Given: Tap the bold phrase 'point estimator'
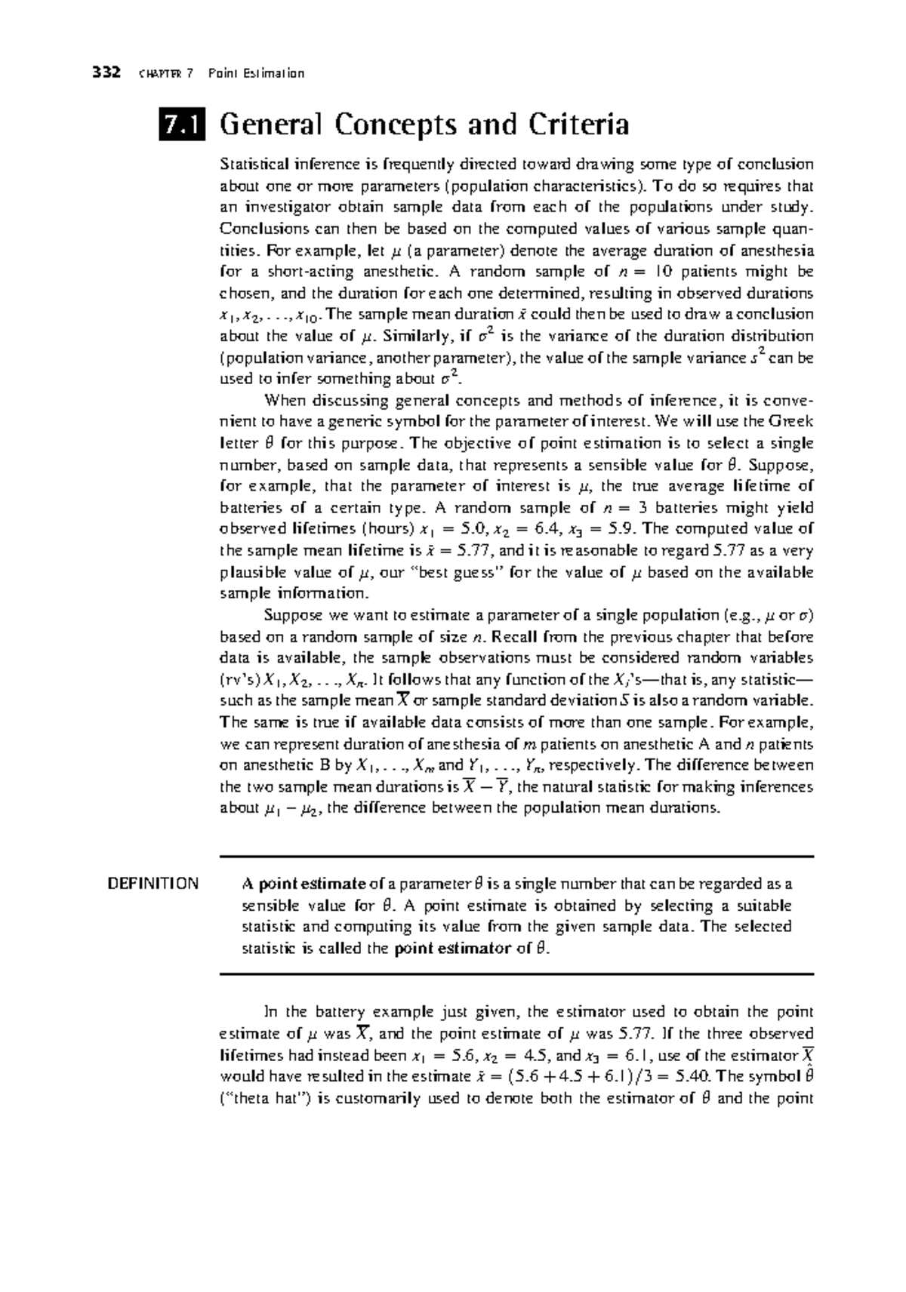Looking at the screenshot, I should click(x=453, y=949).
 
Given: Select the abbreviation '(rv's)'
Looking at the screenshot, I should click(x=239, y=679).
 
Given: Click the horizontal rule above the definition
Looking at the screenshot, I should click(x=516, y=857).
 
